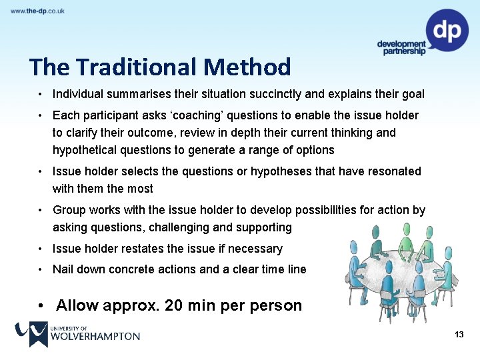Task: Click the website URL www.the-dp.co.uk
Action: [37, 11]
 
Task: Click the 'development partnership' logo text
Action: [401, 47]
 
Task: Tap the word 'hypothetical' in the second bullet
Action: [83, 150]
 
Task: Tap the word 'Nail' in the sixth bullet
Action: [63, 269]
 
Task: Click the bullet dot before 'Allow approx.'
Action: [42, 306]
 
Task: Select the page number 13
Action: [458, 334]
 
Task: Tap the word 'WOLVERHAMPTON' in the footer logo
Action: [95, 337]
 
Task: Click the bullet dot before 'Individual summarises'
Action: [41, 94]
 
